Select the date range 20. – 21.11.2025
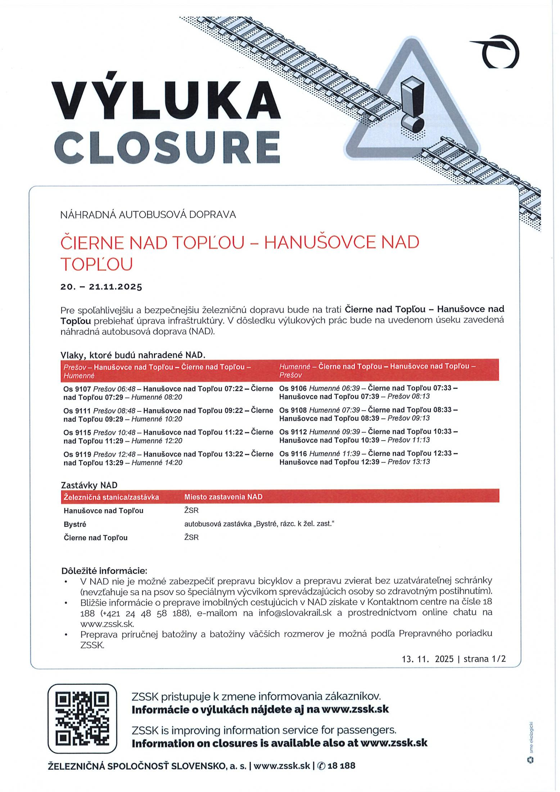click(101, 287)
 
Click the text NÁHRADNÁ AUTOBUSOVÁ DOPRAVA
click(148, 215)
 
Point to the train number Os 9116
click(293, 454)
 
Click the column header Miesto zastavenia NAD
click(223, 497)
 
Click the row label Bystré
click(75, 525)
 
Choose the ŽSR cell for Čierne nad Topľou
click(191, 538)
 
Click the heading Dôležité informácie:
click(104, 571)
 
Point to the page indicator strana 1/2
click(484, 659)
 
